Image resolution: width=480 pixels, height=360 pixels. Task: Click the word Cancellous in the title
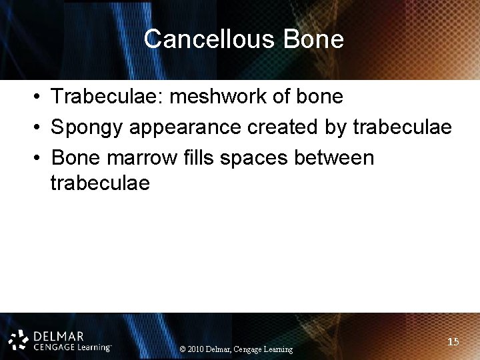point(210,39)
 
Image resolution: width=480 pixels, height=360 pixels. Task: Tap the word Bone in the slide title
point(313,39)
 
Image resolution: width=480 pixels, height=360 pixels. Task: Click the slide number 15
point(453,341)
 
